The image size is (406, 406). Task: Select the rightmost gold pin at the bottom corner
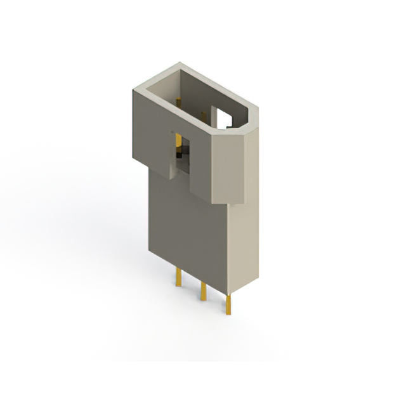[227, 305]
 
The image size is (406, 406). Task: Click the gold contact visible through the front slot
[178, 140]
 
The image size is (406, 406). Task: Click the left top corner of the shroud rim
[134, 90]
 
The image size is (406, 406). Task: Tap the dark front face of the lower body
[187, 235]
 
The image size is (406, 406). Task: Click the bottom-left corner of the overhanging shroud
[134, 159]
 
